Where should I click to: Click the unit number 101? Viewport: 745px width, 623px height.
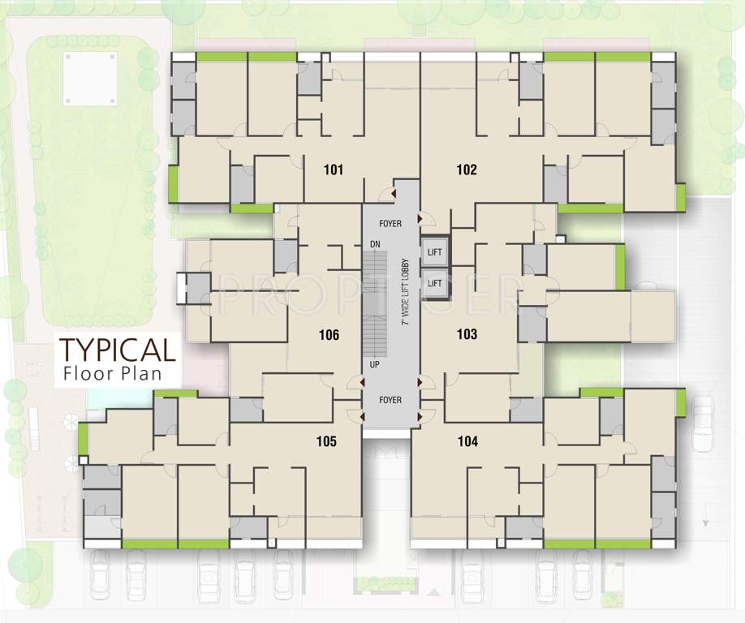tap(333, 170)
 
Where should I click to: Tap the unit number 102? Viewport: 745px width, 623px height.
tap(467, 170)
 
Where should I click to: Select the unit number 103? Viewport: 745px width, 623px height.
tap(467, 334)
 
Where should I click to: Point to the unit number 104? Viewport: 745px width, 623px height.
tap(467, 442)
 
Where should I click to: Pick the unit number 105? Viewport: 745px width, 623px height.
tap(326, 442)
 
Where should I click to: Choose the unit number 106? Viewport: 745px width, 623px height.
tap(329, 335)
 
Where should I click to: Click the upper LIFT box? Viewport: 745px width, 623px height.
tap(435, 252)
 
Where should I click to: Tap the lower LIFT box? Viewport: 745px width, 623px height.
tap(435, 283)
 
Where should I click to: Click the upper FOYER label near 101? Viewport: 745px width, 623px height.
tap(390, 224)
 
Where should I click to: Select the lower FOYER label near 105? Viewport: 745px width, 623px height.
tap(390, 400)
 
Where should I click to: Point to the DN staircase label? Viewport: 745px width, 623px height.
tap(375, 244)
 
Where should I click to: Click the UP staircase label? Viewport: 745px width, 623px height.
tap(375, 365)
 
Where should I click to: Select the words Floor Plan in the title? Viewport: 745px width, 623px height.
tap(112, 375)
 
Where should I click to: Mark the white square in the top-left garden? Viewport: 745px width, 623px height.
tap(90, 79)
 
